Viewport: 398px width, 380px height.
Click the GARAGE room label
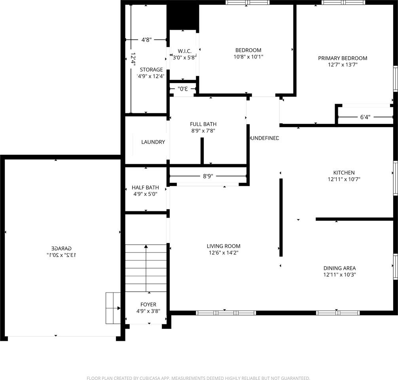pyautogui.click(x=61, y=248)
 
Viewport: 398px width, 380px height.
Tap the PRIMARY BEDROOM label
pyautogui.click(x=343, y=58)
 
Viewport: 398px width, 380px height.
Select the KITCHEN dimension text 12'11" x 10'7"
pyautogui.click(x=344, y=179)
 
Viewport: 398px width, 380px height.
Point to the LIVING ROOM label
pyautogui.click(x=225, y=246)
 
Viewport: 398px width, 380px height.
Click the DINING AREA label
pyautogui.click(x=339, y=268)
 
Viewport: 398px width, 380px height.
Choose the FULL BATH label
pyautogui.click(x=203, y=124)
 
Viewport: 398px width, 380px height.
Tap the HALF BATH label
pyautogui.click(x=145, y=188)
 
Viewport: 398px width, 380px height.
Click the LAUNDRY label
pyautogui.click(x=153, y=142)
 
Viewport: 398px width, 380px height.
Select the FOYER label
pyautogui.click(x=148, y=304)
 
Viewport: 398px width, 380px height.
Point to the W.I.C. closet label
pyautogui.click(x=184, y=51)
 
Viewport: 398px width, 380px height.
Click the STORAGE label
pyautogui.click(x=151, y=70)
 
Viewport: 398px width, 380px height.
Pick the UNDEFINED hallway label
pyautogui.click(x=265, y=138)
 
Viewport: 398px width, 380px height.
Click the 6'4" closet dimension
pyautogui.click(x=365, y=117)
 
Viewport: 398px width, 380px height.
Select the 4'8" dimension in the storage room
pyautogui.click(x=146, y=40)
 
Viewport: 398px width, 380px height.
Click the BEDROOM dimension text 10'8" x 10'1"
pyautogui.click(x=248, y=57)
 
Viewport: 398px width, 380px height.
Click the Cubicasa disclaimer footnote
pyautogui.click(x=198, y=378)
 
